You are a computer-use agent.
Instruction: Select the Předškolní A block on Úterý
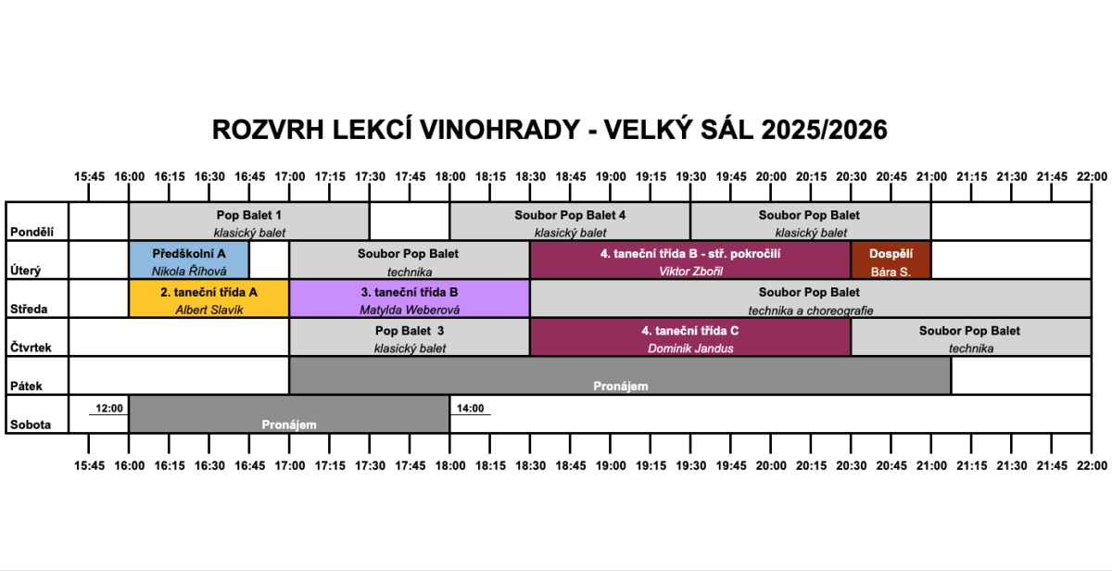tap(189, 260)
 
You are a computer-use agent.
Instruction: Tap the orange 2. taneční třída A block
tap(209, 299)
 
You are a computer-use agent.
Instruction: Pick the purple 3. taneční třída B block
tap(410, 299)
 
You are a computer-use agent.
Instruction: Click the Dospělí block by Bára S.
tap(891, 260)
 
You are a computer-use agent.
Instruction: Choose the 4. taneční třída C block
tap(689, 338)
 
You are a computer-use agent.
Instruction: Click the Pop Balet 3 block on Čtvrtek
tap(410, 338)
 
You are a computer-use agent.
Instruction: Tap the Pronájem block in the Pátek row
tap(620, 376)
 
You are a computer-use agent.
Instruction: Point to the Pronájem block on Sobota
tap(289, 415)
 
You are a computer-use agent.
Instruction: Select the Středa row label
tap(31, 310)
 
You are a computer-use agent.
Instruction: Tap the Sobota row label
tap(31, 425)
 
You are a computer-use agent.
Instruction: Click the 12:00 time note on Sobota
tap(109, 408)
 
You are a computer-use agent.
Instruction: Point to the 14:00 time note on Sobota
tap(471, 408)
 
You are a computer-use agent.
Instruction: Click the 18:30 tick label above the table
tap(530, 176)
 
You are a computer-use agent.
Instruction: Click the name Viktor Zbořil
tap(689, 272)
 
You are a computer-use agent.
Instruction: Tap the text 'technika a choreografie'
tap(810, 311)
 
